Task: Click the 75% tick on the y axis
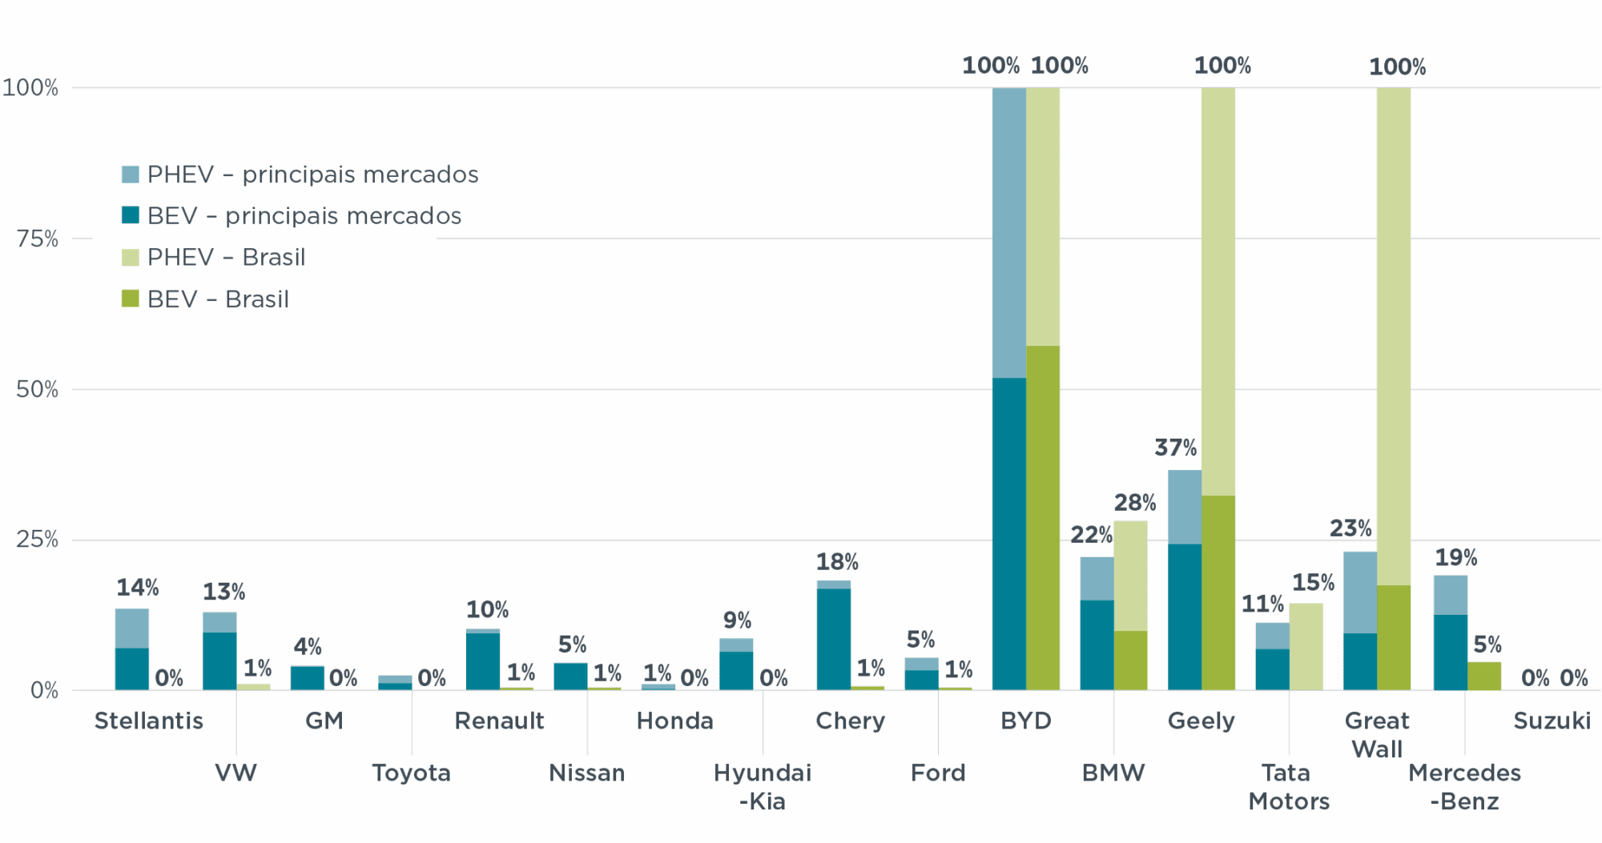click(37, 239)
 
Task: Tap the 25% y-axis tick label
click(37, 540)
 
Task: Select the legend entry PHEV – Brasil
click(226, 257)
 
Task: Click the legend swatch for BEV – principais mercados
click(130, 215)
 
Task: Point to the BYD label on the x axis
click(1025, 721)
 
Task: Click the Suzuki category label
click(1552, 721)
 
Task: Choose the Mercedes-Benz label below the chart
click(1464, 786)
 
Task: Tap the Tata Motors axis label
click(1288, 786)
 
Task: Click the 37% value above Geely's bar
click(1175, 448)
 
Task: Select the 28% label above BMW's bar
click(1134, 503)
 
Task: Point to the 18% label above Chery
click(837, 562)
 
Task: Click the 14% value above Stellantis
click(138, 588)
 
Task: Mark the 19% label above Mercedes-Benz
click(1455, 557)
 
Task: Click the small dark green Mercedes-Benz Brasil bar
click(1483, 676)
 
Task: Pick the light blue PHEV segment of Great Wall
click(1360, 592)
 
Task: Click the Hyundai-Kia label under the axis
click(762, 786)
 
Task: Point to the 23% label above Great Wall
click(1350, 528)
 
